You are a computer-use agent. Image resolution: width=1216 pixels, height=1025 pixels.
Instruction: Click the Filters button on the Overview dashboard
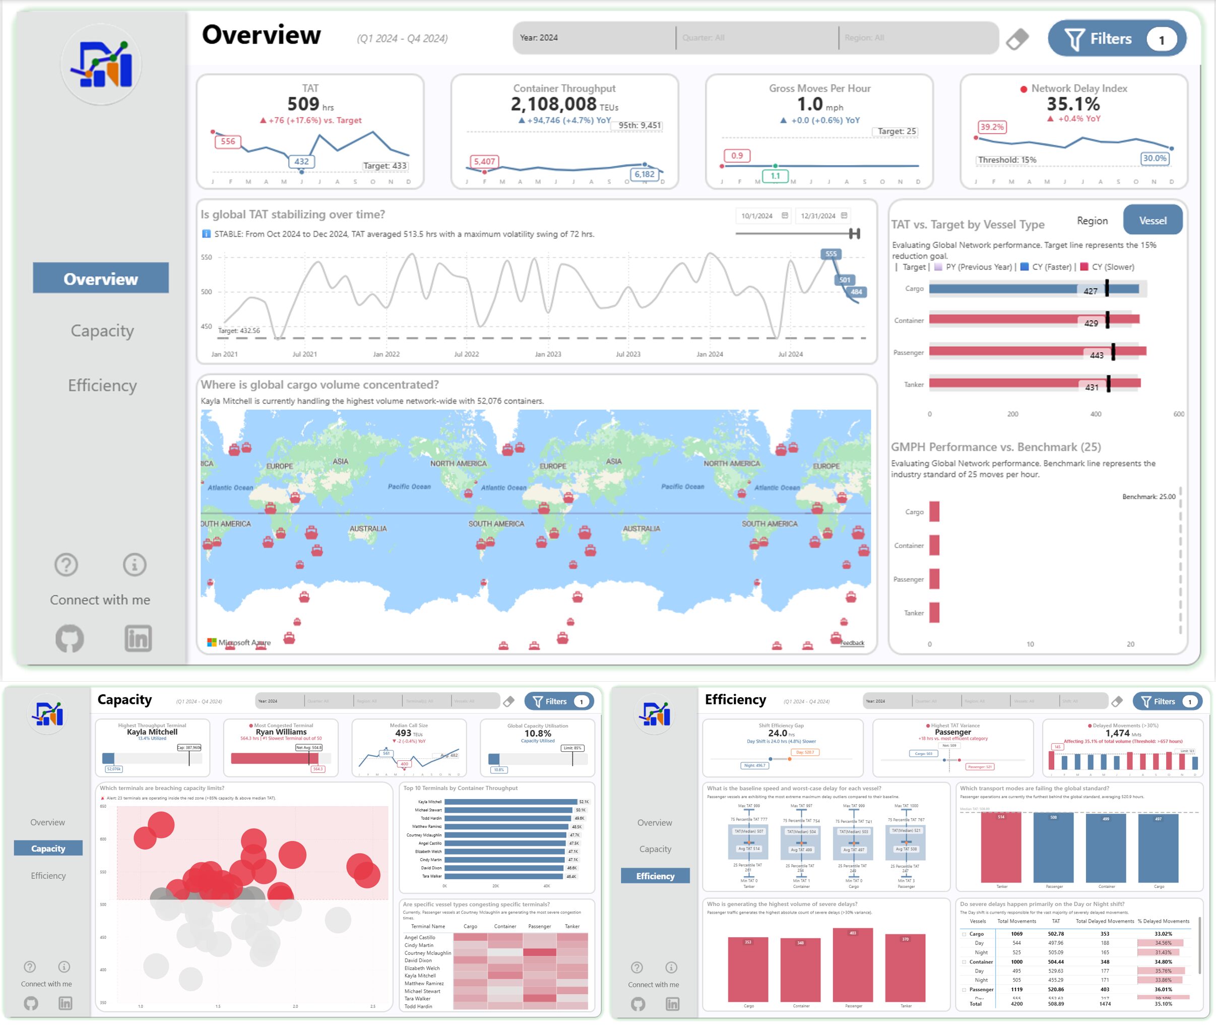[x=1116, y=38]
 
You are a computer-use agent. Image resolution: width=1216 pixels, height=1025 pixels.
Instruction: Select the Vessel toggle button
[x=1152, y=221]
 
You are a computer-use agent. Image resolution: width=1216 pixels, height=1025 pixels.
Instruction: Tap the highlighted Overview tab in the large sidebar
[x=100, y=278]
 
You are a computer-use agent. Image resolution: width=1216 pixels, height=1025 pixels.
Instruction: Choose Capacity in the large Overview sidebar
[x=102, y=331]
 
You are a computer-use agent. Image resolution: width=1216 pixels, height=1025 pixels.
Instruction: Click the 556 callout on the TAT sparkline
[x=228, y=141]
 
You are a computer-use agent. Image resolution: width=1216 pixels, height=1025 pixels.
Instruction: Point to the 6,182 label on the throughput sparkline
[x=644, y=174]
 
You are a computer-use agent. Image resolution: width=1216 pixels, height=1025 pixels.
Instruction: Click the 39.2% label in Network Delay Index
[x=991, y=127]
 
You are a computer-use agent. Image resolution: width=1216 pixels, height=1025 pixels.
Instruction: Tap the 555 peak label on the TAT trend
[x=831, y=254]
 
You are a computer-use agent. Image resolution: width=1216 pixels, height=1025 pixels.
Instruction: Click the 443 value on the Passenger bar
[x=1097, y=355]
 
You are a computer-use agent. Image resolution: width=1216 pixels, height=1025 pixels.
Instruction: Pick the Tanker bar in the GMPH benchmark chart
[x=934, y=613]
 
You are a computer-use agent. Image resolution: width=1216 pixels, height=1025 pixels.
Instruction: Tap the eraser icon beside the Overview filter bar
[x=1017, y=39]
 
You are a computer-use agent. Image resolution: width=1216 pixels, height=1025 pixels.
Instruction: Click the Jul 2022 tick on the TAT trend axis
[x=466, y=354]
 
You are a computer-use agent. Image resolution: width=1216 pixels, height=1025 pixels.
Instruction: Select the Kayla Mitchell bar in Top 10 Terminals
[x=510, y=802]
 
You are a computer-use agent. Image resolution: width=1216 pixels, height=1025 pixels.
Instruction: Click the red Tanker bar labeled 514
[x=1000, y=849]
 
